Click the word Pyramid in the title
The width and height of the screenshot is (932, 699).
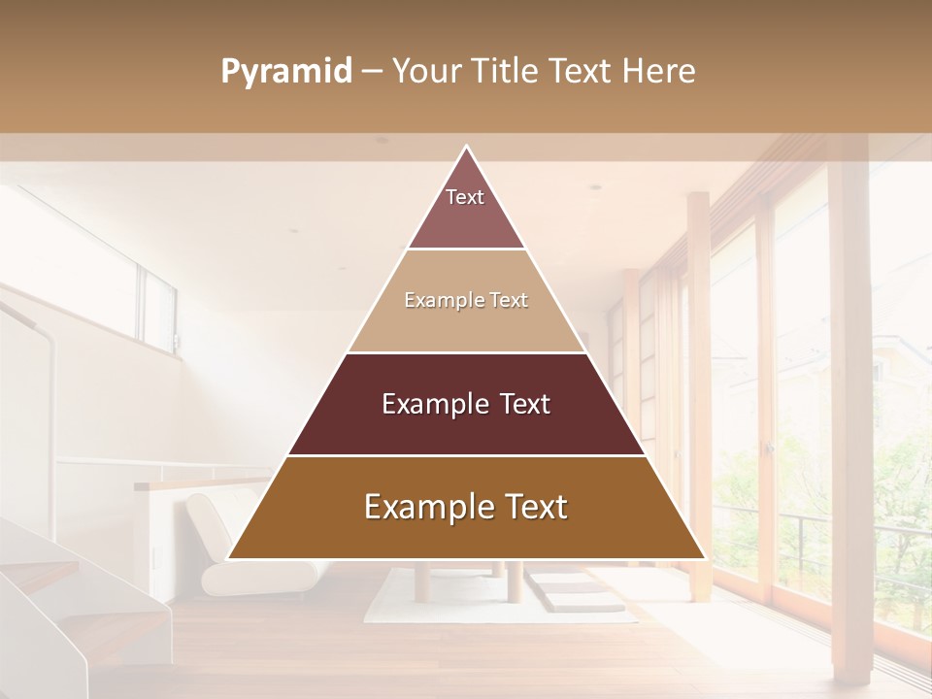[x=286, y=72]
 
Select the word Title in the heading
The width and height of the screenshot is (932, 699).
[x=506, y=72]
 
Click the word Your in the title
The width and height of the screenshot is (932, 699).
[x=427, y=72]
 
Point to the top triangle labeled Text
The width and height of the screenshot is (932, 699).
[x=466, y=209]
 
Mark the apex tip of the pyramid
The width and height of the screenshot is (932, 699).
[x=466, y=148]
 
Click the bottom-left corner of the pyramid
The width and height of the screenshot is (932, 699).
[x=229, y=558]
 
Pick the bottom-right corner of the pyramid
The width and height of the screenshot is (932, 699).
[x=704, y=558]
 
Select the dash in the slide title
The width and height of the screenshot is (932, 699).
[x=372, y=72]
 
